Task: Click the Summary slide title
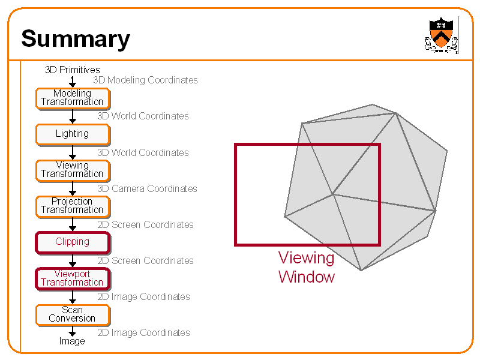click(x=76, y=39)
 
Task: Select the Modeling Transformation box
click(x=73, y=98)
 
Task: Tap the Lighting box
click(x=73, y=134)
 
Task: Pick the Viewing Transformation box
click(x=73, y=170)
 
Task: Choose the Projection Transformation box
click(x=73, y=206)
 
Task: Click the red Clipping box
click(x=73, y=242)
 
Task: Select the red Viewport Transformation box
click(x=73, y=278)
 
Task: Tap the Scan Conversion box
click(x=73, y=314)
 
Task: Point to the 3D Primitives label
click(x=73, y=70)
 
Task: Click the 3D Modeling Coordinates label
click(x=145, y=80)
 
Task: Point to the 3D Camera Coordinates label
click(x=147, y=188)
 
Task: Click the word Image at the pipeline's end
click(x=72, y=341)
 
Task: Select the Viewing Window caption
click(x=307, y=268)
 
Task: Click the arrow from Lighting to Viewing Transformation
click(x=73, y=152)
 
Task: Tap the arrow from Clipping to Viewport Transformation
click(x=73, y=260)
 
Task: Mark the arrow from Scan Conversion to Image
click(x=73, y=331)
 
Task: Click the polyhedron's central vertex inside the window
click(x=332, y=194)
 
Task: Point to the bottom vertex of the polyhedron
click(x=361, y=270)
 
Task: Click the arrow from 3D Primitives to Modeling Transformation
click(x=73, y=81)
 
